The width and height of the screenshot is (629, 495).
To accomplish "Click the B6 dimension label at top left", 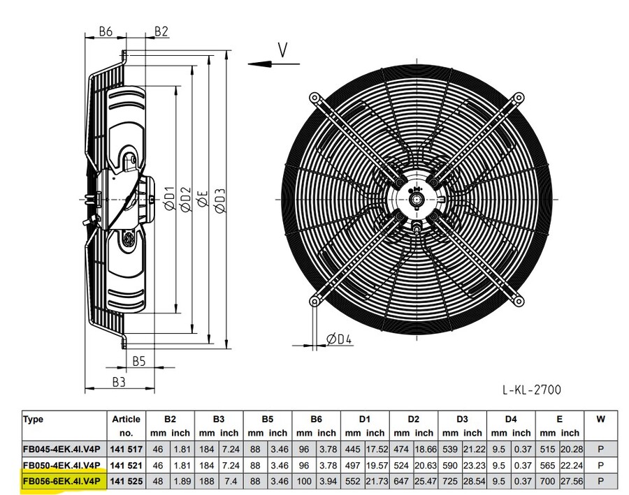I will click(x=106, y=31).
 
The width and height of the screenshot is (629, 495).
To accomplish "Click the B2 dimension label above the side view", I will click(x=161, y=31).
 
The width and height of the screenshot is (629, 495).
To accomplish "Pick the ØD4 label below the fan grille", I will click(x=339, y=339).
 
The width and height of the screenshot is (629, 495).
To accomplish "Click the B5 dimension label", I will click(x=138, y=360).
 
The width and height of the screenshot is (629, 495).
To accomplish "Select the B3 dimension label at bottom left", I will click(x=118, y=382).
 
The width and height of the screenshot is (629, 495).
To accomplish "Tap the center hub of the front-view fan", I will click(x=418, y=200).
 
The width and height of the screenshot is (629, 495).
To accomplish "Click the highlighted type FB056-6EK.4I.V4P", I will click(x=62, y=480).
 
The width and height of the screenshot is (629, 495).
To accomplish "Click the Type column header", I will click(x=33, y=420).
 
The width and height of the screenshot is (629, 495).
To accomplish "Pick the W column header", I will click(x=600, y=420).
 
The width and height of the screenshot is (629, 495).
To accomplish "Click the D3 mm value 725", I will click(x=451, y=480).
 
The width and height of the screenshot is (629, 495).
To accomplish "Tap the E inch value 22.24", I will click(x=572, y=465).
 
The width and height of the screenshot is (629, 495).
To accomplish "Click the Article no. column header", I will click(x=126, y=426).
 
